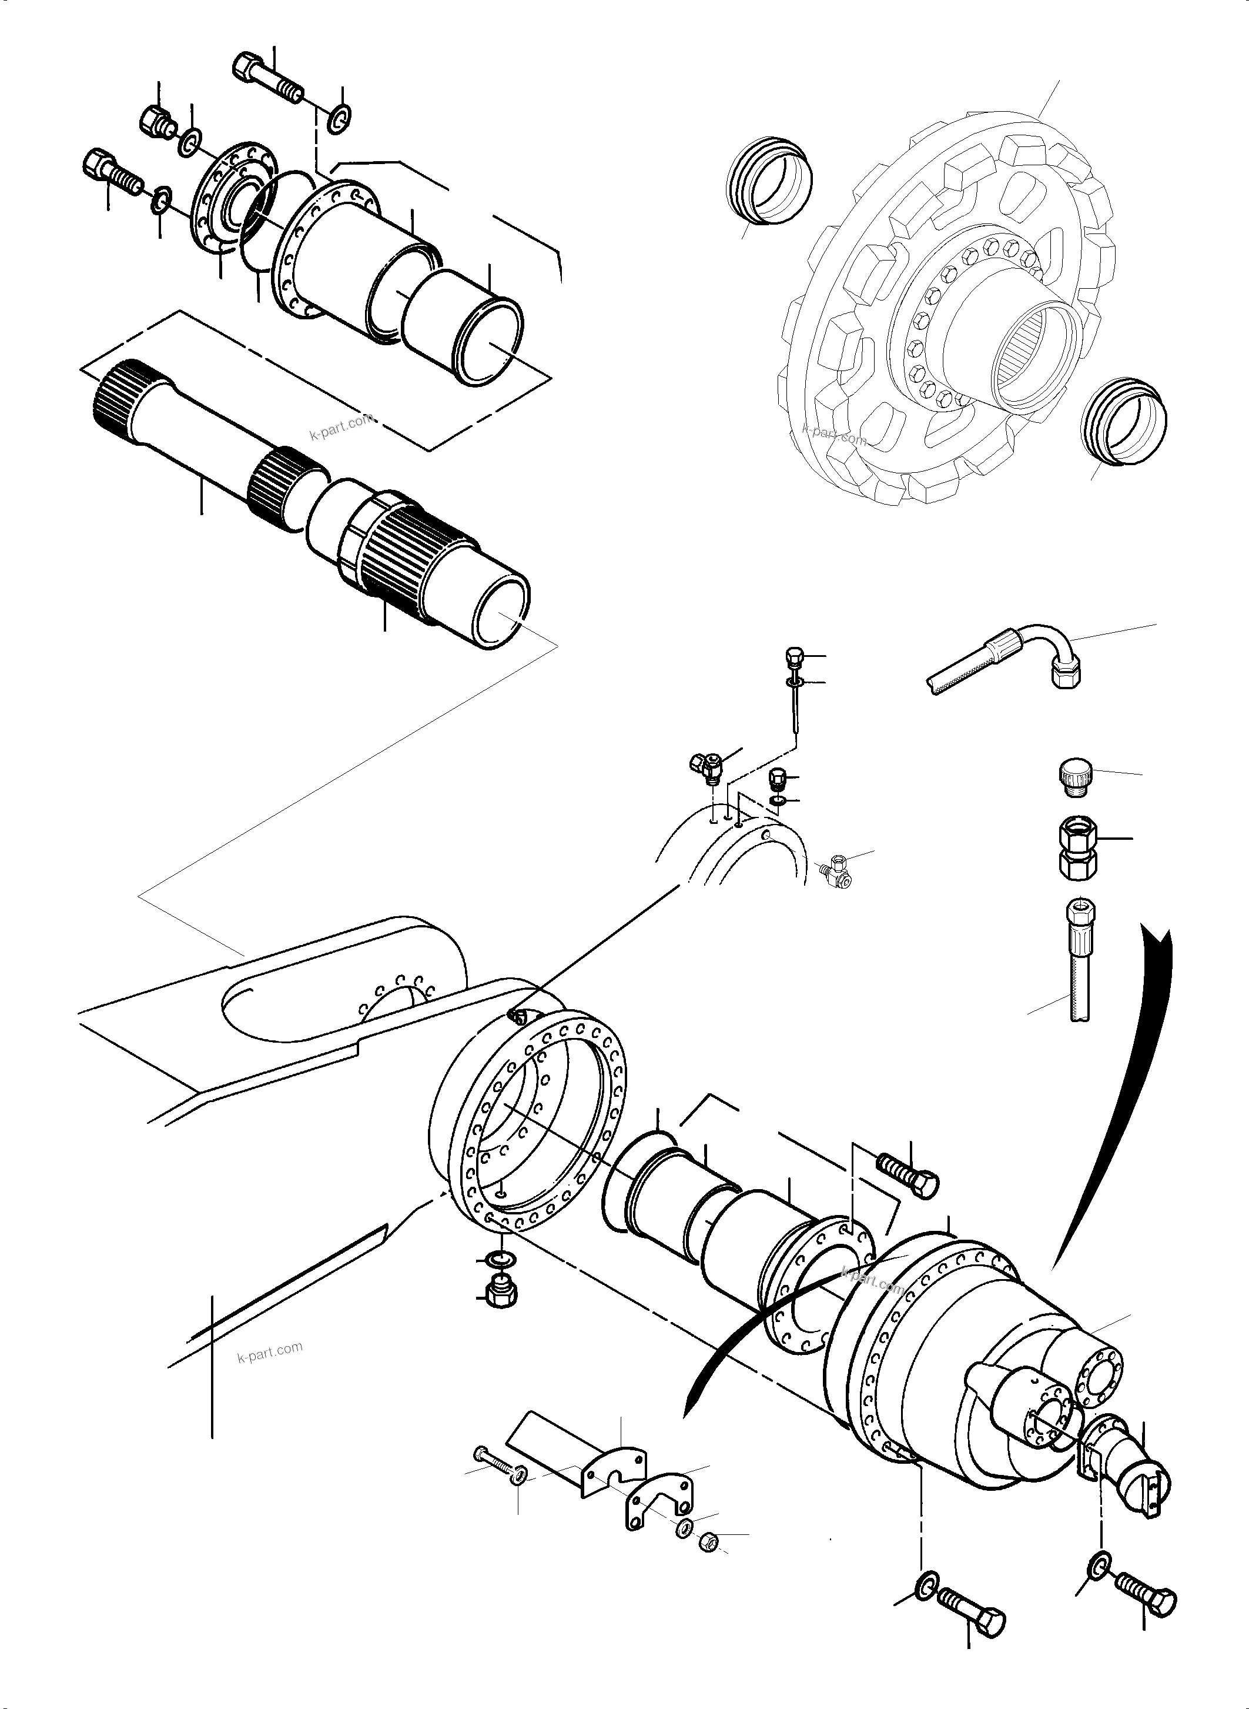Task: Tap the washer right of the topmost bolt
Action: click(x=341, y=117)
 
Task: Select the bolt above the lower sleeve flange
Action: click(x=908, y=1188)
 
